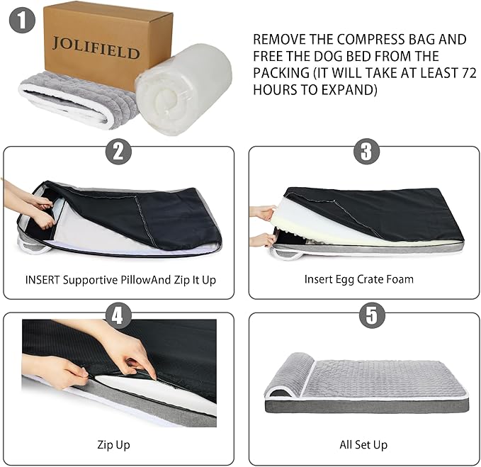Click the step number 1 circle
click(x=23, y=20)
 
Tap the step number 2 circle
click(x=118, y=152)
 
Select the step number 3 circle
click(x=366, y=151)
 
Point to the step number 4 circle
click(x=118, y=316)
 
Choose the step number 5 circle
click(x=372, y=315)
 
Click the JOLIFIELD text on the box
click(x=96, y=48)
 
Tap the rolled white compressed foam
click(x=183, y=89)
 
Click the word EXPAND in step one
click(x=340, y=90)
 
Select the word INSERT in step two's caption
click(x=43, y=280)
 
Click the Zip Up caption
click(x=113, y=445)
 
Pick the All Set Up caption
click(x=363, y=444)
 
